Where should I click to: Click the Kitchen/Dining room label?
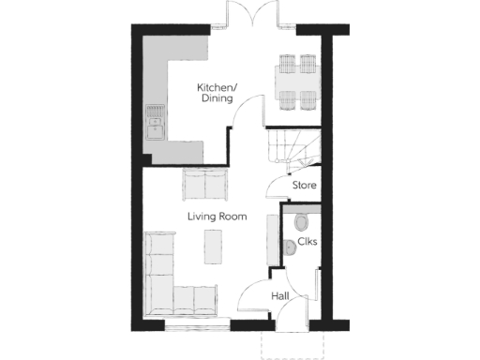tap(217, 93)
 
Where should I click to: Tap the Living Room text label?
tap(217, 217)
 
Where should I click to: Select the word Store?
tap(305, 186)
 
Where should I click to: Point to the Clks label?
tap(307, 243)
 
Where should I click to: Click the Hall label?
tap(279, 296)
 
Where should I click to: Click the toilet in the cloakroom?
tap(300, 221)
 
